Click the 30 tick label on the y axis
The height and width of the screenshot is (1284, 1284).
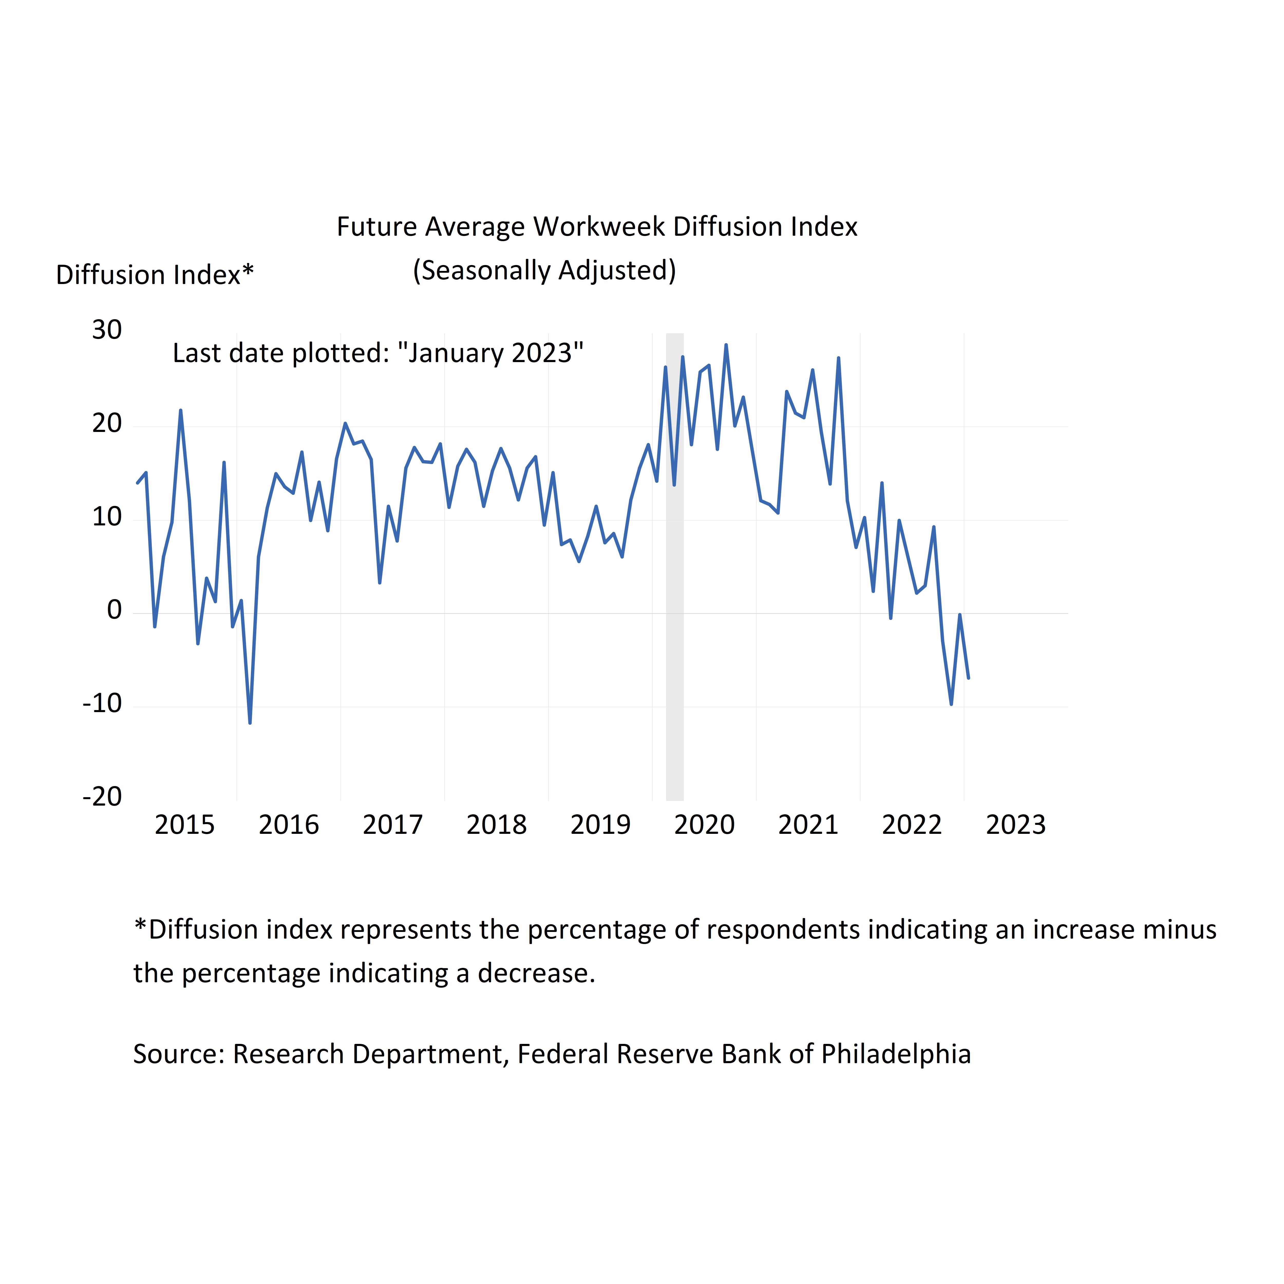click(107, 330)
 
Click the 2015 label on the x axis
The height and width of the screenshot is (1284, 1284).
click(185, 825)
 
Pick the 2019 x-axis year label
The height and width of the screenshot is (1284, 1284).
click(600, 825)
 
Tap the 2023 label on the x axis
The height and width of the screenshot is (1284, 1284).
click(1015, 825)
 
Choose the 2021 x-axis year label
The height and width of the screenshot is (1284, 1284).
click(808, 825)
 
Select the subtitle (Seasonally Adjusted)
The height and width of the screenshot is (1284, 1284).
click(544, 270)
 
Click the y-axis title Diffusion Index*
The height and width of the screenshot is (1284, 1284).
click(155, 275)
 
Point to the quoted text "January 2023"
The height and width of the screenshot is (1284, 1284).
click(490, 353)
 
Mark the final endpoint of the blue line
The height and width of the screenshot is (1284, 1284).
click(968, 678)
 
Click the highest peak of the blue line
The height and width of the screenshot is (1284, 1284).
click(726, 345)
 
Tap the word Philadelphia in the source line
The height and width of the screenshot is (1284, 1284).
click(896, 1054)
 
